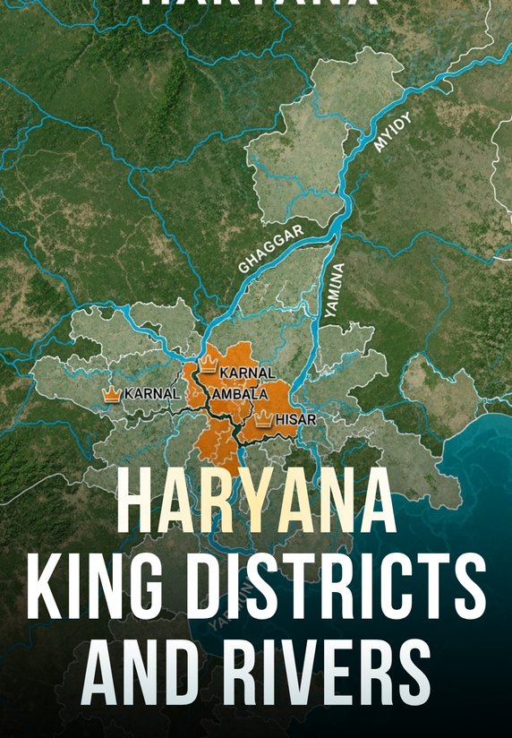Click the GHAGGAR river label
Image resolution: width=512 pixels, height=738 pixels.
[x=270, y=250]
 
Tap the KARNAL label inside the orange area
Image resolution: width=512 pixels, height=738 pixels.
[x=247, y=373]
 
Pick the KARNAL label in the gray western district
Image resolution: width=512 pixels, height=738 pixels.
[x=152, y=393]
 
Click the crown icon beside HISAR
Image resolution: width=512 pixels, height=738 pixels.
[x=263, y=418]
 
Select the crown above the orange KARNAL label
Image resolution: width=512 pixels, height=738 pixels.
[x=209, y=364]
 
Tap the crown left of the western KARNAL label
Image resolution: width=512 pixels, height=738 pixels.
[x=112, y=394]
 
